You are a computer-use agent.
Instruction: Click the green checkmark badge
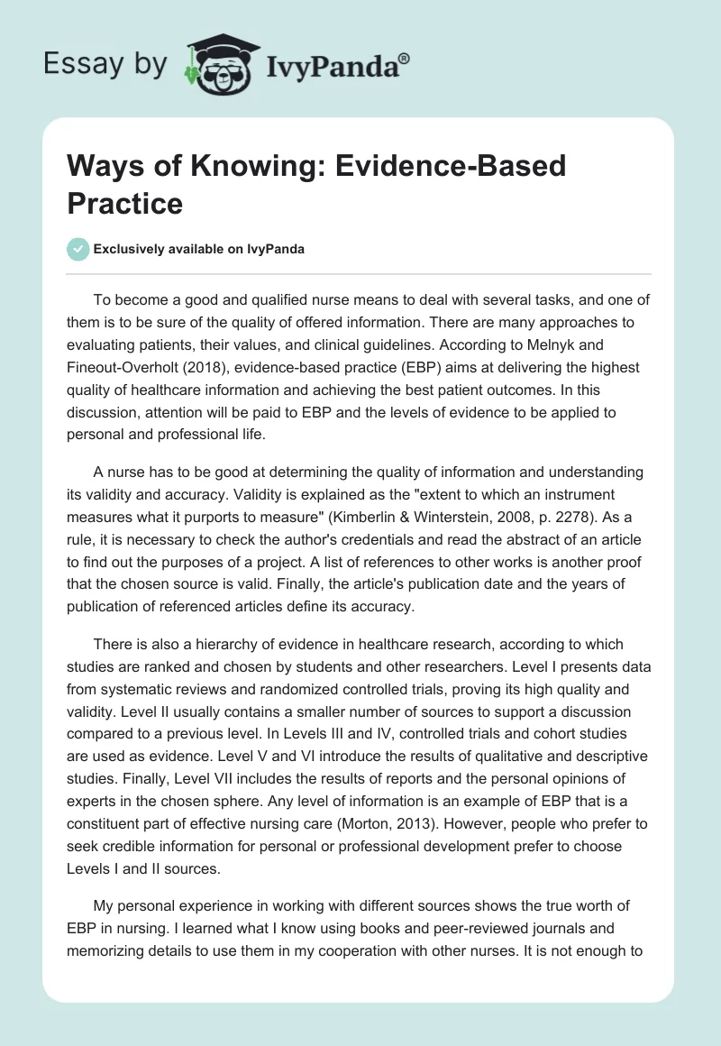click(x=78, y=249)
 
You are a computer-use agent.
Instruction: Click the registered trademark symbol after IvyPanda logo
click(x=405, y=57)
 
